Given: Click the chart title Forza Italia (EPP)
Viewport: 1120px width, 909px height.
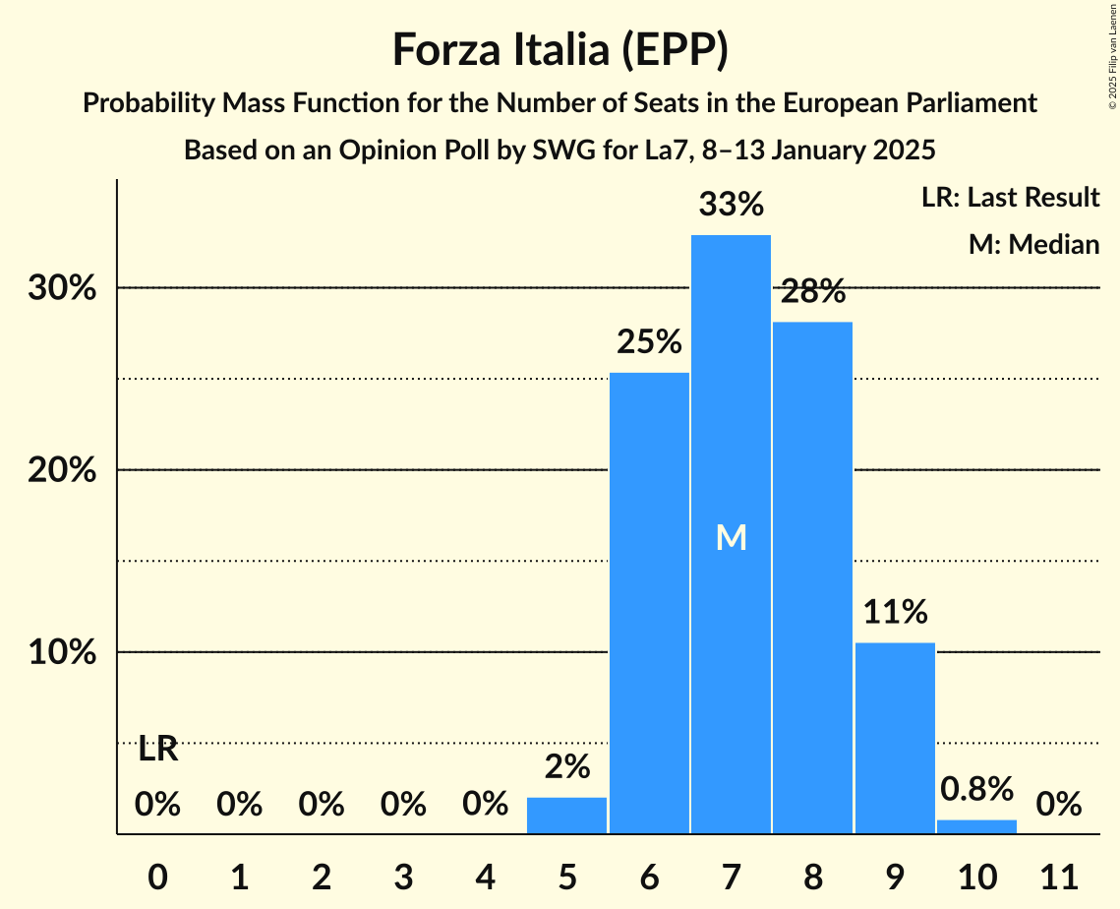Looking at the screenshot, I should [560, 49].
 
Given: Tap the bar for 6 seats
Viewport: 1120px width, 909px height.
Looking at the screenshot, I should [649, 603].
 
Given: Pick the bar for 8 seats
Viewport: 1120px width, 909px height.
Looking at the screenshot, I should [812, 577].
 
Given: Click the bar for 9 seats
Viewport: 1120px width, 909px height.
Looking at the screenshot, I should [895, 738].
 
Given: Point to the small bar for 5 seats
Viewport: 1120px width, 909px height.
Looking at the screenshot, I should [567, 816].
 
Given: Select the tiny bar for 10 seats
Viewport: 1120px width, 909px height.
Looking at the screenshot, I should [976, 826].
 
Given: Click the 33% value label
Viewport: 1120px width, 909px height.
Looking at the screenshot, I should [731, 205].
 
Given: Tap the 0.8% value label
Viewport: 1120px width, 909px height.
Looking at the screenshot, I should [976, 789].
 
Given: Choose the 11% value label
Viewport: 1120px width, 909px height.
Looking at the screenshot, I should [895, 612].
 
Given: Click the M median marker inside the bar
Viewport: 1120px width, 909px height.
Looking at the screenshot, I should [731, 537].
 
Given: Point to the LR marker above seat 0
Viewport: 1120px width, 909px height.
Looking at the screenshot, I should [157, 750].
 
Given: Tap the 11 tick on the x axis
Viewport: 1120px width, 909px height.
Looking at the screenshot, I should [1059, 874].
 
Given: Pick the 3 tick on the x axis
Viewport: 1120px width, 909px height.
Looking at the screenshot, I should [403, 874].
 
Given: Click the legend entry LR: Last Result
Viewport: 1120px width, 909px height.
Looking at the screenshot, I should [1010, 198].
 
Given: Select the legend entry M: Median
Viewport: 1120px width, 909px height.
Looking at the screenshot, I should [1033, 244].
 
